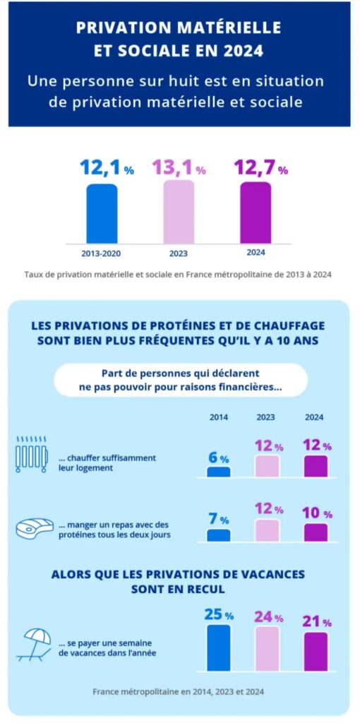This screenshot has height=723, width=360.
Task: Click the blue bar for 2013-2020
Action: coord(102,213)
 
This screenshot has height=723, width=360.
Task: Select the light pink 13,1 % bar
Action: coord(179,212)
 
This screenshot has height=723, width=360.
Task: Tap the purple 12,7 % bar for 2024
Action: coord(256,213)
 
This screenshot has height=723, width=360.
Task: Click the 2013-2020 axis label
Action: coord(102,253)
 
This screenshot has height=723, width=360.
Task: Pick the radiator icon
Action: coord(31,454)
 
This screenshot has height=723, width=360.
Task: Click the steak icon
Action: coord(35,528)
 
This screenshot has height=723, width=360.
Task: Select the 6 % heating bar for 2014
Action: coord(219,472)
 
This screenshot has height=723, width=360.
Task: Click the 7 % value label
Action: coord(219,519)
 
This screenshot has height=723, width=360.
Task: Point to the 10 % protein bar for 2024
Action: coord(316,532)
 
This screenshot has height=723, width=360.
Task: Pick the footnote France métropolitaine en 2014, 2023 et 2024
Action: coord(179,692)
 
